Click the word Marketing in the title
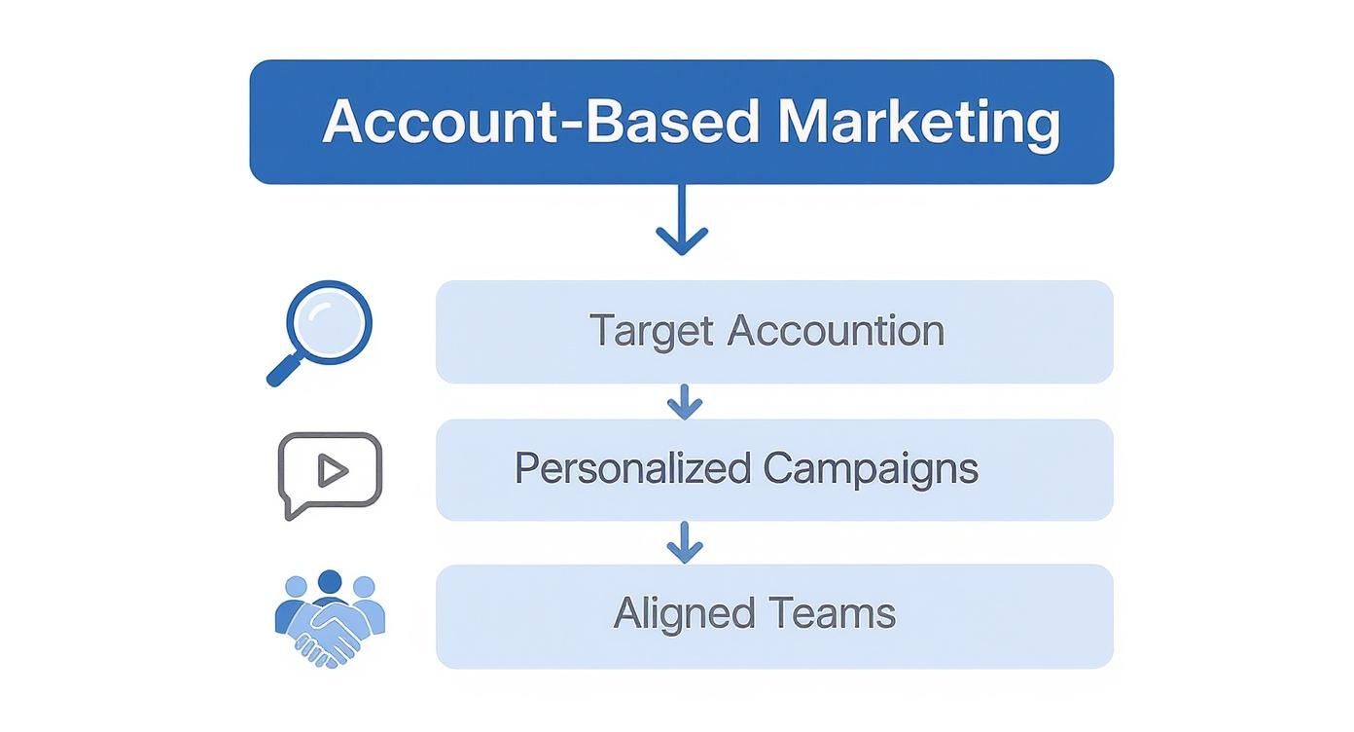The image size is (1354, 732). tap(918, 123)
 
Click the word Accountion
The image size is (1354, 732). tap(836, 331)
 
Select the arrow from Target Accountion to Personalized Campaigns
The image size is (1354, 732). tap(685, 401)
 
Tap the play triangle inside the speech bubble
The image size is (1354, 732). tap(332, 471)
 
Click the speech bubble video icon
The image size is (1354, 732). tap(330, 474)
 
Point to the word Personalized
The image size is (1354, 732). tap(632, 469)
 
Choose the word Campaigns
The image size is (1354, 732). tap(871, 469)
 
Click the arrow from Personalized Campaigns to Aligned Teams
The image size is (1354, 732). tap(685, 542)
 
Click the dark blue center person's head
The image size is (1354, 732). tap(330, 582)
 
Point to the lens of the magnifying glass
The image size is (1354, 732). tap(330, 322)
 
